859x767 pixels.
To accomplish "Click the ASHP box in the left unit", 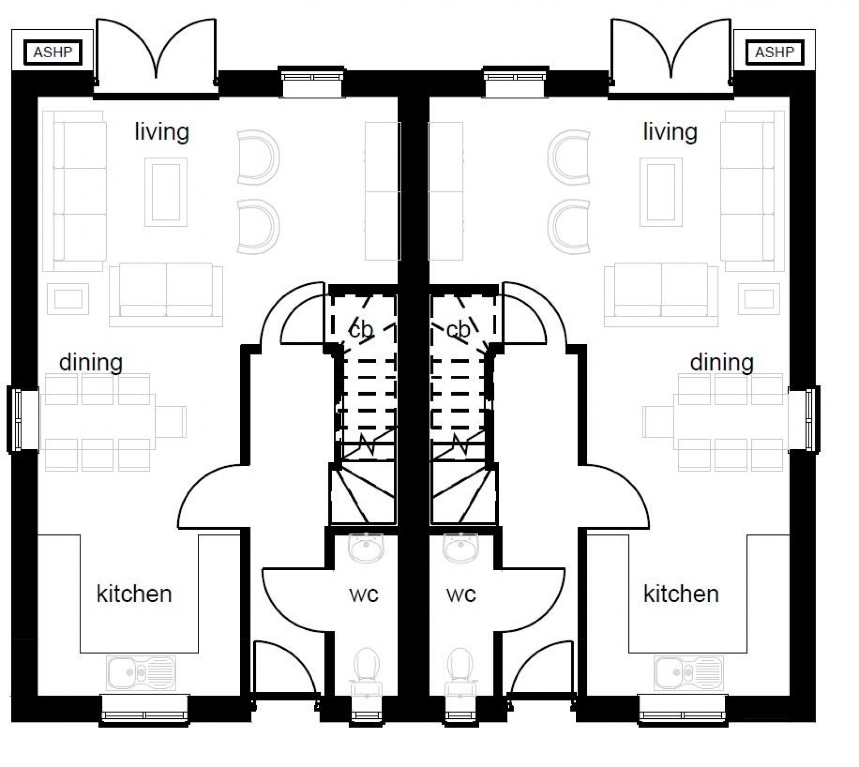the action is (53, 52).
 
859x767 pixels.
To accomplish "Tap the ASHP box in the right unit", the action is (775, 52).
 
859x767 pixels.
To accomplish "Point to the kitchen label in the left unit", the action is (134, 594).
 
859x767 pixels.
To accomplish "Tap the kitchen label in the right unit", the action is (681, 594).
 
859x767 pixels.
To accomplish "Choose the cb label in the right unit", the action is (458, 330).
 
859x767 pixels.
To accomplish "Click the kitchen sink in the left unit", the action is (141, 673).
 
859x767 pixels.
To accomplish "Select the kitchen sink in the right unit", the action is (688, 673).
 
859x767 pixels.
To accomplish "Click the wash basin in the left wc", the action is (366, 548).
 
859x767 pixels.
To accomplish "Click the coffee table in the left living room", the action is (166, 192).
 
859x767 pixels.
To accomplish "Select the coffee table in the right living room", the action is (661, 192).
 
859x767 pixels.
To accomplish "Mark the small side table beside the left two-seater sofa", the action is (68, 299).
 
